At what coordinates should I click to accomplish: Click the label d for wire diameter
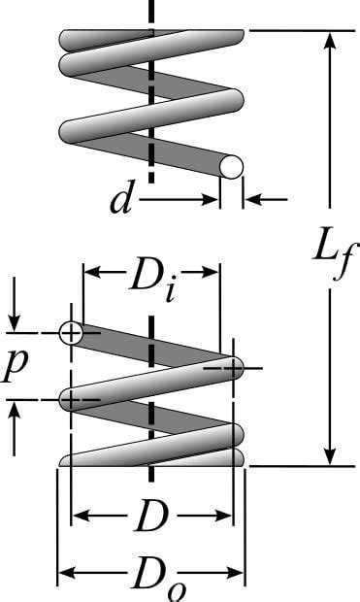120,200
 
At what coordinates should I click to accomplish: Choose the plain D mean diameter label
150,518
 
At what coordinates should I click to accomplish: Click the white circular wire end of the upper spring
231,167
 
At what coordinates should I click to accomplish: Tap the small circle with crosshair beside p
71,333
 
